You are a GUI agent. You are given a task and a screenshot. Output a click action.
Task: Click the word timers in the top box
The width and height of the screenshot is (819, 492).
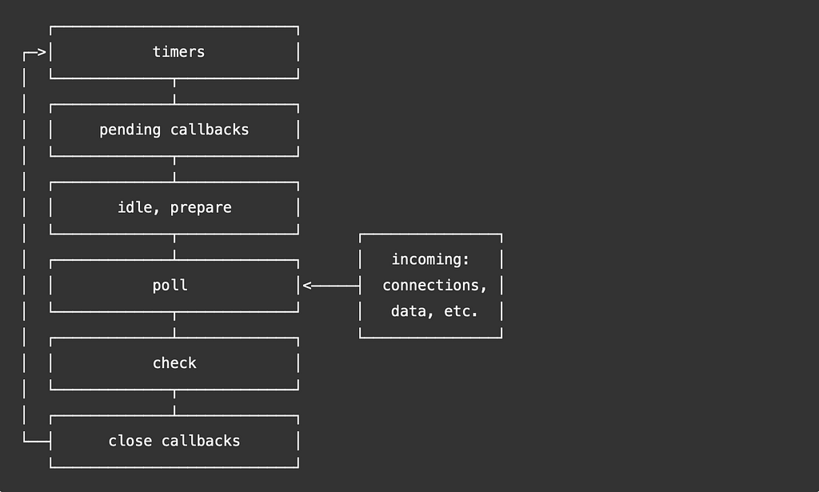click(x=178, y=52)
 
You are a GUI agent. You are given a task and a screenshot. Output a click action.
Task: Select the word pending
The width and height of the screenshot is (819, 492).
click(x=130, y=130)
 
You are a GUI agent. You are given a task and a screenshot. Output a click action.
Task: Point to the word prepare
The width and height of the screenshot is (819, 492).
click(x=201, y=207)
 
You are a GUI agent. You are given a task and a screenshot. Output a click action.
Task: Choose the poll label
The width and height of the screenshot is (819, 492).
click(x=170, y=286)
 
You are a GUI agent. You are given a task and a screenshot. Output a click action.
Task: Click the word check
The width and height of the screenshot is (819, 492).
click(x=174, y=363)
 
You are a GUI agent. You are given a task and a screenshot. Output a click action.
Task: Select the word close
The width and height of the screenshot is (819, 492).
click(x=130, y=441)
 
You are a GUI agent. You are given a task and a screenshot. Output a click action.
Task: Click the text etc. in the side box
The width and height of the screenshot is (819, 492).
click(x=461, y=311)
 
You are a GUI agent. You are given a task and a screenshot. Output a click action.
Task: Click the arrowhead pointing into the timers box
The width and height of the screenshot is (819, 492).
click(x=42, y=54)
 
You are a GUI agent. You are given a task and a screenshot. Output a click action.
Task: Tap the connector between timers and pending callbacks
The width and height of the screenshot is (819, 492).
click(x=174, y=91)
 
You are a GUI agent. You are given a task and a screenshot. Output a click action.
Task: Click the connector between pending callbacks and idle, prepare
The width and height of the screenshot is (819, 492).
click(x=174, y=169)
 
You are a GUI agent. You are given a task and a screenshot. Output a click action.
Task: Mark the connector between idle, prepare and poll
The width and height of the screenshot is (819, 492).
click(x=174, y=246)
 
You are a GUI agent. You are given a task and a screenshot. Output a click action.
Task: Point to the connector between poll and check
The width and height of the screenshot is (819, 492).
click(x=174, y=324)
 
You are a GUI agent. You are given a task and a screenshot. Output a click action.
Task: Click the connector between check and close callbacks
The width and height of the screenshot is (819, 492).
click(x=174, y=402)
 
